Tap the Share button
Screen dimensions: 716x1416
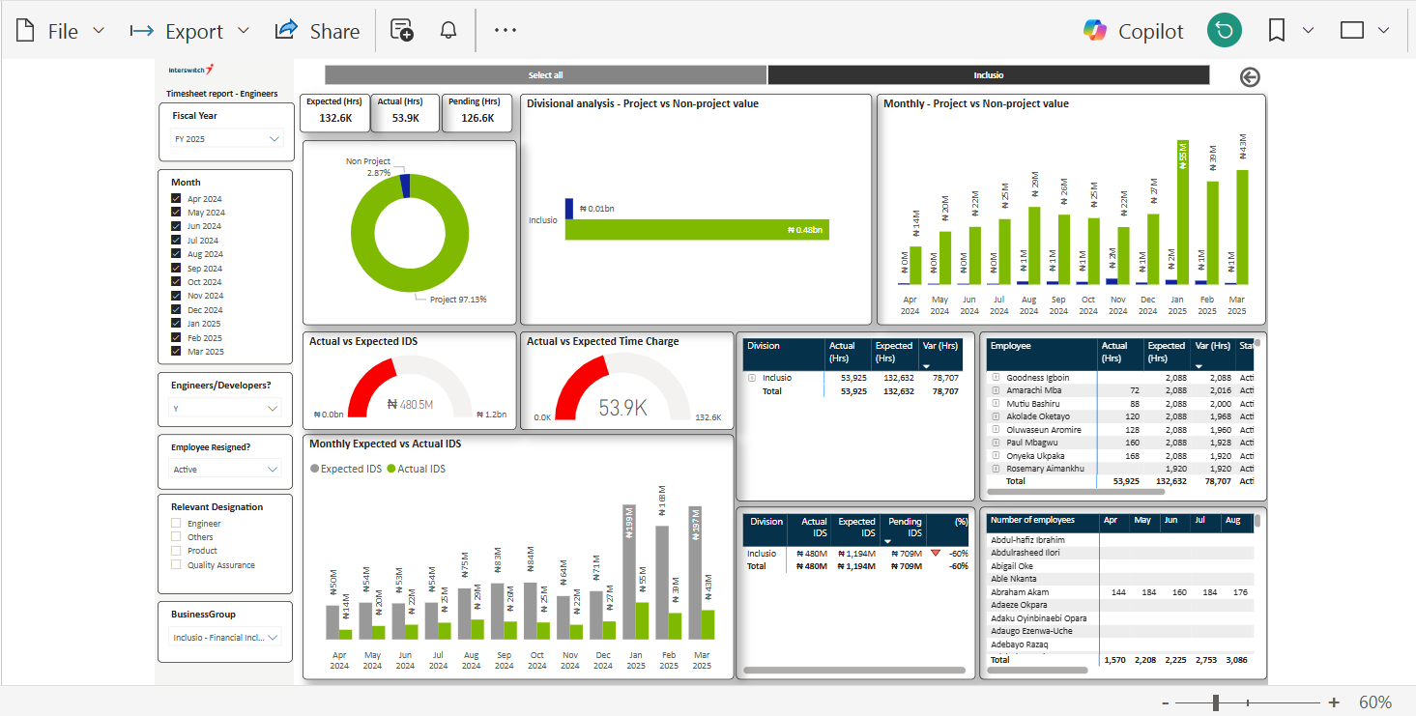tap(317, 31)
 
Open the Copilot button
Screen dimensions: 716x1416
tap(1133, 31)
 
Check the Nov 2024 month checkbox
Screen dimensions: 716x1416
tap(176, 296)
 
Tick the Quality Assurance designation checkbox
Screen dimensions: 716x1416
tap(176, 565)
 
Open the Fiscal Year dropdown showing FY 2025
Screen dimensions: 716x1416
tap(226, 139)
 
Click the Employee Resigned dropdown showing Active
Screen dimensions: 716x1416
tap(226, 470)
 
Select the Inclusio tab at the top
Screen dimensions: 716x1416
tap(988, 75)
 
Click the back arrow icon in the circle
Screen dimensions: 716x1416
tap(1250, 77)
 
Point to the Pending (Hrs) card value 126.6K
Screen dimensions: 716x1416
tap(477, 118)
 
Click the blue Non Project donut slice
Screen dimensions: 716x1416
tap(405, 186)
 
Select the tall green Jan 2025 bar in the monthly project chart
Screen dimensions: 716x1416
tap(1182, 217)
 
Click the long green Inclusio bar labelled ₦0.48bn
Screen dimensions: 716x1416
tap(696, 230)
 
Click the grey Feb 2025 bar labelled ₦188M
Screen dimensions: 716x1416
tap(662, 580)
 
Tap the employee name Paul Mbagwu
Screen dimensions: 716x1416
tap(1032, 443)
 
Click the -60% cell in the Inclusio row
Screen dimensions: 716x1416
tap(958, 554)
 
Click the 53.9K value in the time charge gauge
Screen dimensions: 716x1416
tap(621, 408)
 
